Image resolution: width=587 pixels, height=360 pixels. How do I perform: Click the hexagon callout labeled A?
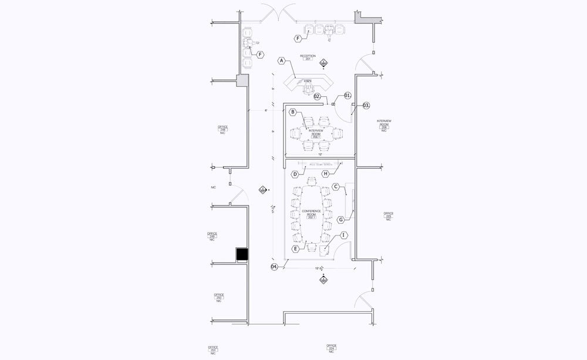281,60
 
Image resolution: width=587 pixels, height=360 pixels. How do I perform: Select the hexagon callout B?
292,112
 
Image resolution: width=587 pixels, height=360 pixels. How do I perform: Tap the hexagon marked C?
336,186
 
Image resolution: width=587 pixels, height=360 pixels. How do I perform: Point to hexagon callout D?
296,174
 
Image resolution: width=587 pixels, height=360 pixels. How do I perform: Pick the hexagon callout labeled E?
295,249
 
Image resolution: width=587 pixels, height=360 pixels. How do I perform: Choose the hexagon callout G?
340,220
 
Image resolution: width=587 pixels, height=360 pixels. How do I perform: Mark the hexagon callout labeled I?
343,235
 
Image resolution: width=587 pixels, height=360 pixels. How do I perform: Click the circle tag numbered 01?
347,95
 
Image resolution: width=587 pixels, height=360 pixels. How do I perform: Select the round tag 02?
317,96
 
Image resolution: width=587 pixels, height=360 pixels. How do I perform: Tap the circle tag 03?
366,106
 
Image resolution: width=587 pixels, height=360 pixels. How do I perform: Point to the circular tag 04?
274,267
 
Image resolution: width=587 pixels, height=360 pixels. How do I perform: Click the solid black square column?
242,254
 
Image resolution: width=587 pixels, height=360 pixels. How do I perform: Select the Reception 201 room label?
308,58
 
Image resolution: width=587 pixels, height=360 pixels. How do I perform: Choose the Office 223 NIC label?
388,216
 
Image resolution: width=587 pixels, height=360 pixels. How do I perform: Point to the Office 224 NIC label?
331,348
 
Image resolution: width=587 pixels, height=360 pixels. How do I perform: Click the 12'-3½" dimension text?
321,268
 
